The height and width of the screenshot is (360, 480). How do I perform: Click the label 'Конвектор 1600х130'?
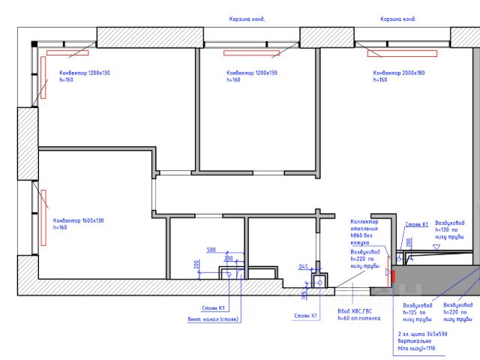click(x=78, y=220)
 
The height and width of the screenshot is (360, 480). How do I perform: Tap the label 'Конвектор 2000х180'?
click(x=398, y=73)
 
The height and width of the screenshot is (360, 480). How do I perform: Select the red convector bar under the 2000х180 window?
click(x=401, y=53)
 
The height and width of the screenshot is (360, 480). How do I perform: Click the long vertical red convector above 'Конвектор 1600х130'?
click(x=43, y=217)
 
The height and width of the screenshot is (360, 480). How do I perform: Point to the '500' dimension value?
click(x=211, y=250)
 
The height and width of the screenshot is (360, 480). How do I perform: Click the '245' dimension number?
click(x=304, y=266)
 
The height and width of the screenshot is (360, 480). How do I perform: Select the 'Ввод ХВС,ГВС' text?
click(x=355, y=311)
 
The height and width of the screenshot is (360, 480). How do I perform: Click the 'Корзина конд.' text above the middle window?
click(x=247, y=19)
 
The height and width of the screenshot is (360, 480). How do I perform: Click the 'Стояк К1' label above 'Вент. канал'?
click(x=214, y=308)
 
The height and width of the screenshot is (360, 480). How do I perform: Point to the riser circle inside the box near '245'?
click(x=318, y=283)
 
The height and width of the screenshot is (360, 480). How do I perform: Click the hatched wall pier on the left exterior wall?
click(x=28, y=144)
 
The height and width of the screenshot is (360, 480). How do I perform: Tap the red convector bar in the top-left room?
click(x=67, y=53)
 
